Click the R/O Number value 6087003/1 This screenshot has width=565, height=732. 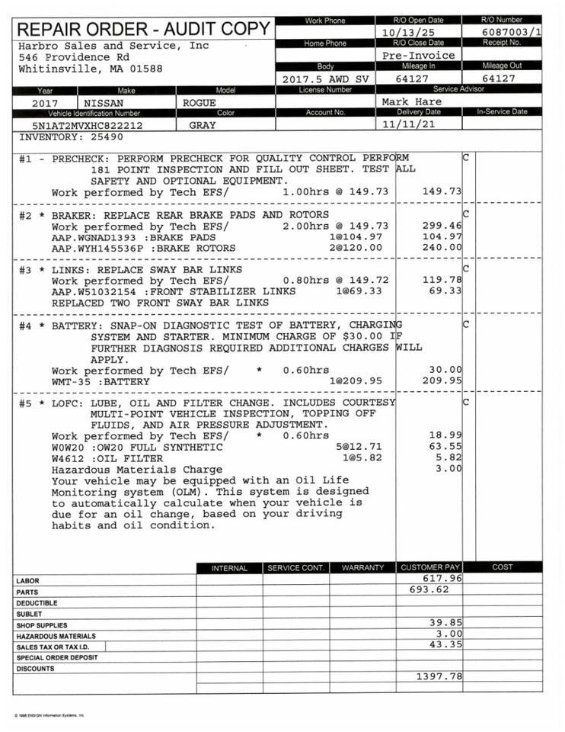[x=512, y=32]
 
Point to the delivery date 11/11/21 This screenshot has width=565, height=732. [x=411, y=124]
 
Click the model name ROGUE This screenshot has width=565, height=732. [x=200, y=102]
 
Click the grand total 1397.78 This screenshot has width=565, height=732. [x=439, y=676]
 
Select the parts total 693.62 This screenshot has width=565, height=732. [x=429, y=589]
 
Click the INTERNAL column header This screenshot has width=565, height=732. [x=229, y=568]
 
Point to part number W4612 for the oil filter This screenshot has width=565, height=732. [x=68, y=459]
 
